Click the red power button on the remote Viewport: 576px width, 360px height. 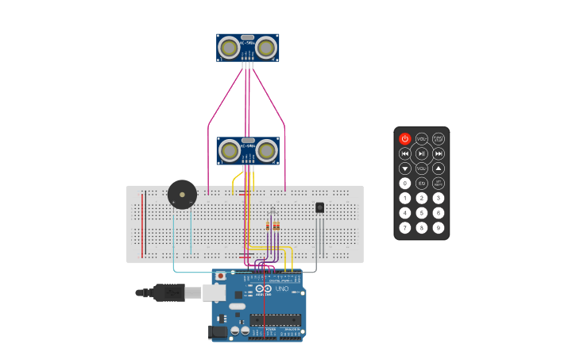tap(405, 139)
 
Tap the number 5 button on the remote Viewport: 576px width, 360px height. tap(422, 213)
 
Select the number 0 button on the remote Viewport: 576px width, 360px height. tap(405, 184)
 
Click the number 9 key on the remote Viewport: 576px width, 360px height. tap(439, 228)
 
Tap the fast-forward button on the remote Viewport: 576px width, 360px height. tap(439, 153)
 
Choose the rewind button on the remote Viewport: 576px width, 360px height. tap(405, 153)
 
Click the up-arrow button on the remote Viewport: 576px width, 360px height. tap(439, 168)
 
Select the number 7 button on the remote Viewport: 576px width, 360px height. tap(405, 228)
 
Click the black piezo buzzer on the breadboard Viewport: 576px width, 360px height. tap(182, 195)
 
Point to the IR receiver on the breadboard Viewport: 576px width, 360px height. tap(319, 207)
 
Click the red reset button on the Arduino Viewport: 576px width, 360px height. tap(220, 277)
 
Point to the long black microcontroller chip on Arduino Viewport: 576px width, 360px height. tap(276, 320)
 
